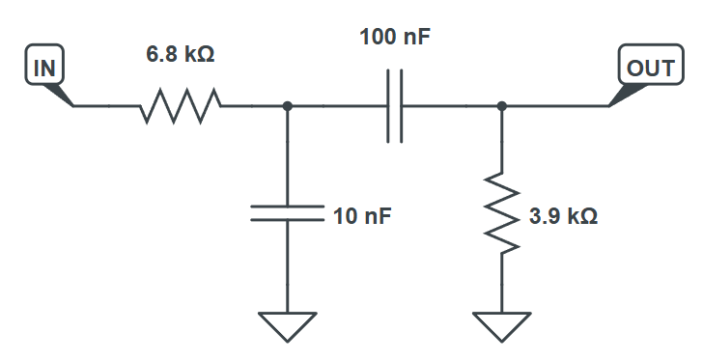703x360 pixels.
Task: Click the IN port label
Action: tap(43, 69)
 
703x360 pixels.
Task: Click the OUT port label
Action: tap(642, 69)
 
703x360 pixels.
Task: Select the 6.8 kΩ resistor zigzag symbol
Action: tap(181, 106)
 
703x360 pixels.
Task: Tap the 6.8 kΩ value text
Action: tap(181, 55)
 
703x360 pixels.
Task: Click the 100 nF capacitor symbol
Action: tap(394, 106)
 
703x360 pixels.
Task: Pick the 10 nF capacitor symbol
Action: tap(287, 212)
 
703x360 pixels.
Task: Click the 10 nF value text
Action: tap(362, 216)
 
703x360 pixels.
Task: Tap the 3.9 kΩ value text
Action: tap(563, 216)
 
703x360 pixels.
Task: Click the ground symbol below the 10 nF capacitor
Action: tap(287, 325)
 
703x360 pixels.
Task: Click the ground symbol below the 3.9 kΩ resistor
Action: tap(501, 325)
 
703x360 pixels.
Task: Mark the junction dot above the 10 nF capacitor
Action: tap(287, 106)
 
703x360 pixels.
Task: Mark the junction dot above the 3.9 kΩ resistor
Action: tap(501, 106)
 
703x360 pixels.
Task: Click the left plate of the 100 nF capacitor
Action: tap(388, 106)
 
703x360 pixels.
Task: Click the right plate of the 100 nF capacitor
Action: tap(401, 106)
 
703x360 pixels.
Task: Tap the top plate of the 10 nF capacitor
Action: tap(287, 207)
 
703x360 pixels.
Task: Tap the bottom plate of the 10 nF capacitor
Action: tap(287, 219)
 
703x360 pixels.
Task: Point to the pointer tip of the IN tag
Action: tap(72, 105)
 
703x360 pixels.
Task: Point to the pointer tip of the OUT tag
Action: tap(610, 105)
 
